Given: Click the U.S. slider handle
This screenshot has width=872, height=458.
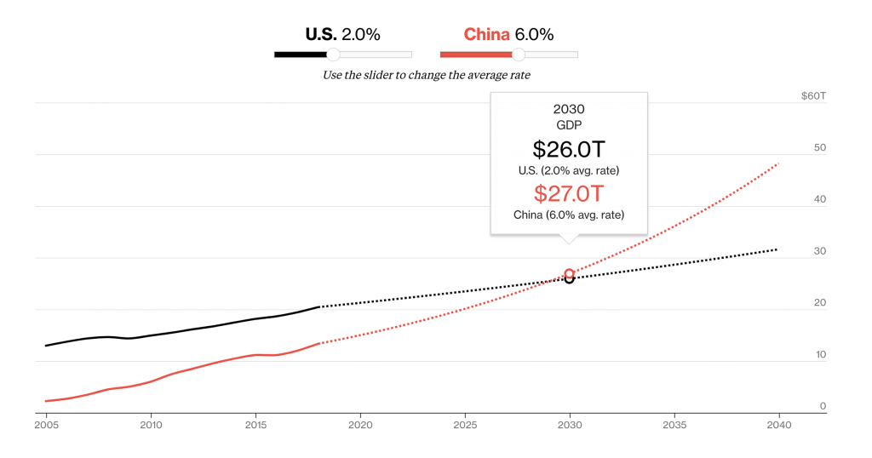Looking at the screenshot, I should coord(334,54).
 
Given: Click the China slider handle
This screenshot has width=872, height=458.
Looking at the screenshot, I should coord(518,54).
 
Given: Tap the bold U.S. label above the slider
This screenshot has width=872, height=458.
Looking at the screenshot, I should coord(321,35).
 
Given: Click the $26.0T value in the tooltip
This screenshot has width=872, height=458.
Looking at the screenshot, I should coord(569,149).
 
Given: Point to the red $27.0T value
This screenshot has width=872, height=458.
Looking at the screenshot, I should coord(569,193).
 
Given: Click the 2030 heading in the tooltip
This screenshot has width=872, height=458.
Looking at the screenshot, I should coord(569,109).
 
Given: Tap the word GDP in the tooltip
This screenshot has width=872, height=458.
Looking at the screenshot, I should coord(569,125).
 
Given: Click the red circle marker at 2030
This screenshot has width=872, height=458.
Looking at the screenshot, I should coord(569,273).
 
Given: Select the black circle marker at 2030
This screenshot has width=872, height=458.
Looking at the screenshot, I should coord(569,279).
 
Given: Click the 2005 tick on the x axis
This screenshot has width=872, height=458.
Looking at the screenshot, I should coord(46,423).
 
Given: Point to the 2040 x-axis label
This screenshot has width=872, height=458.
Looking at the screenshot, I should coord(779,423).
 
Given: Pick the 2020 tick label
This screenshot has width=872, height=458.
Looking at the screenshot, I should coord(360,423).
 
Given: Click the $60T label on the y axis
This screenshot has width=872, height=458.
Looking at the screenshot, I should coord(813,96).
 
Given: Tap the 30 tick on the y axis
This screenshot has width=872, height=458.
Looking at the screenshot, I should coord(820,251).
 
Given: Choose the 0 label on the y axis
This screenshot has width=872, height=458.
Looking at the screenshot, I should coord(823,406).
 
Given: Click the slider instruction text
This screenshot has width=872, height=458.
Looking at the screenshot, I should coord(426,75).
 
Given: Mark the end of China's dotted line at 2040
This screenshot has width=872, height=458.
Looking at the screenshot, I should coord(778,163).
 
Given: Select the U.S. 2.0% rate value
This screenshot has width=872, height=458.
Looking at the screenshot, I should coord(360,35).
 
